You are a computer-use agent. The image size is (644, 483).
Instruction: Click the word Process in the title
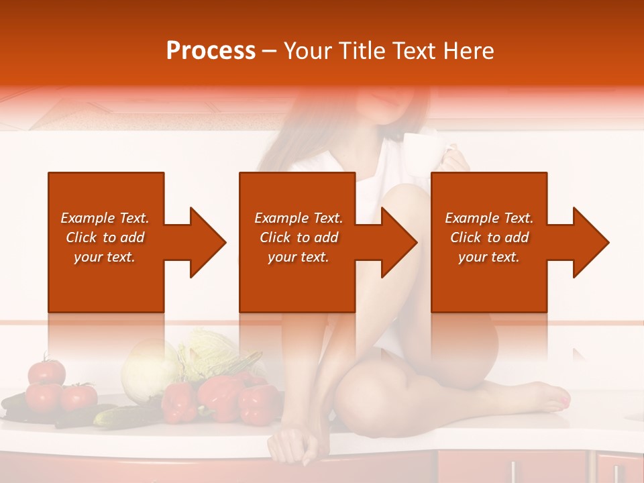click(x=211, y=51)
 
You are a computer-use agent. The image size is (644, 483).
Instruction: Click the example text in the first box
click(x=105, y=237)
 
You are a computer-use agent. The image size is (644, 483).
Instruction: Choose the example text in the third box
click(x=489, y=237)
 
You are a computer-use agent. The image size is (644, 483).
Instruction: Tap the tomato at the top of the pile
click(x=47, y=371)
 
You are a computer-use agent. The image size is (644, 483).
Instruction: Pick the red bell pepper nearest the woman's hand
click(x=259, y=404)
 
